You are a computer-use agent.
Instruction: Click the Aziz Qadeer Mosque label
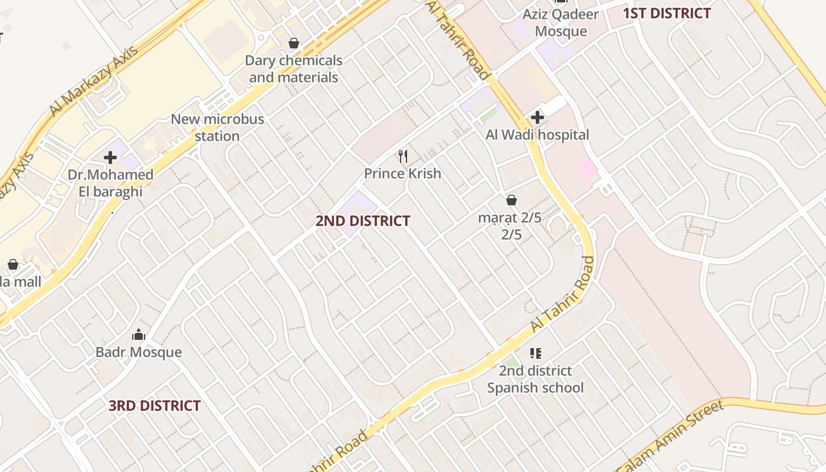point(560,23)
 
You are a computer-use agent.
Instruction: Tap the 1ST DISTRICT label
point(667,14)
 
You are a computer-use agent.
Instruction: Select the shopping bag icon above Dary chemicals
point(293,43)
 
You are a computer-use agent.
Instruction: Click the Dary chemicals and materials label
point(293,69)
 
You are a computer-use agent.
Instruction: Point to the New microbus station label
point(217,127)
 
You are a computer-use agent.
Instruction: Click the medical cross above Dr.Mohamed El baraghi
point(110,158)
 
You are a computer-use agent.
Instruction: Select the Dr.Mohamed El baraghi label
point(110,183)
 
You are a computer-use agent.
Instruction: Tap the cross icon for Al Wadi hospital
point(537,117)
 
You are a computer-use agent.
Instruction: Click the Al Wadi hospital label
point(537,135)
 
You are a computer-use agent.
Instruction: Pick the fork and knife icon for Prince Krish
point(403,156)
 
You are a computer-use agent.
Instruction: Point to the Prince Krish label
point(402,173)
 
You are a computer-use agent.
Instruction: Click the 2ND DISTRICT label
point(362,221)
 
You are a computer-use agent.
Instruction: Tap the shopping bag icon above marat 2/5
point(512,201)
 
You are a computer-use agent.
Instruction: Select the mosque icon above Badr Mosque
point(139,335)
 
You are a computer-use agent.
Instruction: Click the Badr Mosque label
point(139,352)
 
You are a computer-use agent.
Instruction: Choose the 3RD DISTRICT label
point(155,406)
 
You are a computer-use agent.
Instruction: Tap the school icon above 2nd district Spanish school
point(535,353)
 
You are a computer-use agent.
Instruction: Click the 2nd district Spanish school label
point(535,379)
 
